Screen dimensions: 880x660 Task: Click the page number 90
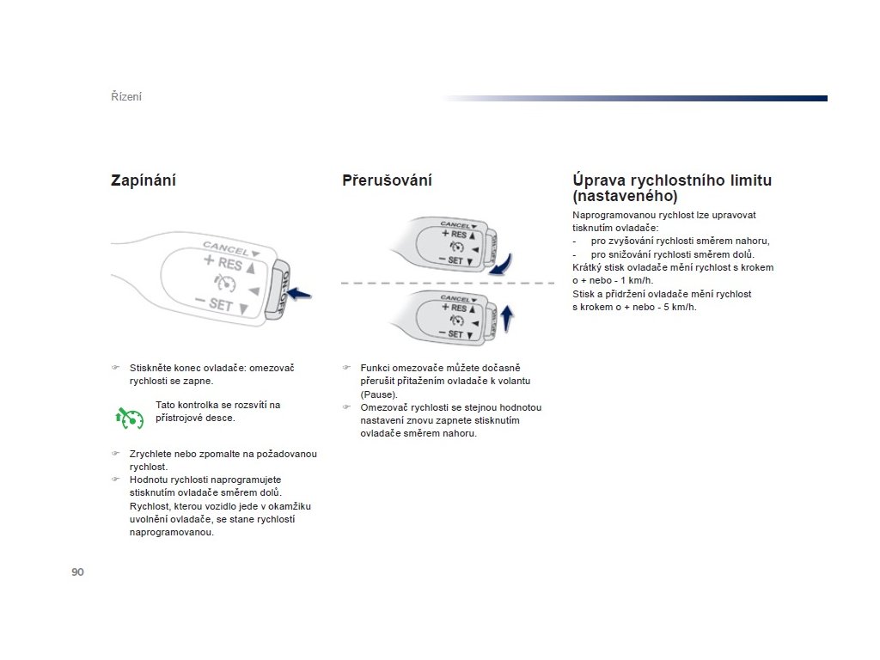coord(77,572)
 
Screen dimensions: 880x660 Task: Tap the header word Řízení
coord(126,97)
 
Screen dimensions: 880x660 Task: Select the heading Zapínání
coord(144,180)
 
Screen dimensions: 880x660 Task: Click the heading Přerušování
coord(387,180)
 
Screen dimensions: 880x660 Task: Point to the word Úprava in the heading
coord(599,180)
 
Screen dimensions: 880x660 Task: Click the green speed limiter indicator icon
coord(128,417)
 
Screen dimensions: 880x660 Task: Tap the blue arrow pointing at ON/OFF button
coord(298,295)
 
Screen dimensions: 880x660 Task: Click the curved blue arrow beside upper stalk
coord(502,263)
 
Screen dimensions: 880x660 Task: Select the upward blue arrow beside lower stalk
coord(506,318)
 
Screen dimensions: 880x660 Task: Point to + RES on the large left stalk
coord(223,263)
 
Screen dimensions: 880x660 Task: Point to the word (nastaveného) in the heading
coord(625,196)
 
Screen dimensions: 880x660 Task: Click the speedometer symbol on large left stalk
coord(226,284)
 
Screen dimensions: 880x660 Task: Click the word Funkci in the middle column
coord(376,367)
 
